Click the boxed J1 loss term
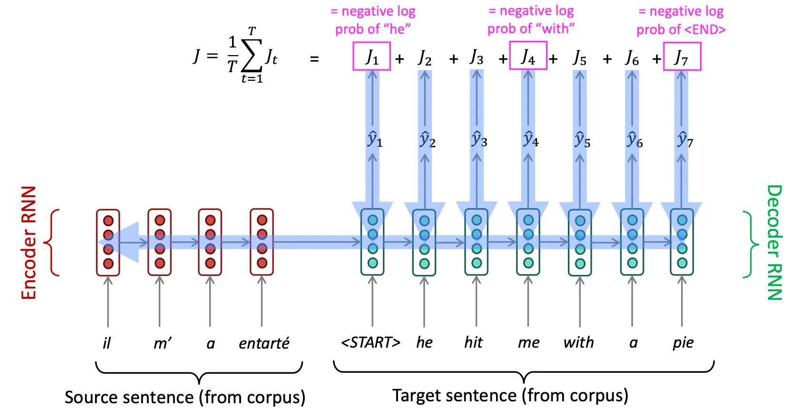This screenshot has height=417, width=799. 372,56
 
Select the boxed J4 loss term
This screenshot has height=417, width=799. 528,55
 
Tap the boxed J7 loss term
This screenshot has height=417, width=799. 682,56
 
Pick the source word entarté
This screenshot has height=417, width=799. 264,343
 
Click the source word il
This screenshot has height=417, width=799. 107,343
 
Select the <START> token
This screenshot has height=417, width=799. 370,342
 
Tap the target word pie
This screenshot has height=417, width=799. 683,343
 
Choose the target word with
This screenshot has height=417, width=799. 578,342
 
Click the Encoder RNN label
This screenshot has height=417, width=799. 29,243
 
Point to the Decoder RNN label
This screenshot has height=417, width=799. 774,243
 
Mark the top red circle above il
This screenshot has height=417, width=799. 108,221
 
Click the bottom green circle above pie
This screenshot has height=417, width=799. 682,263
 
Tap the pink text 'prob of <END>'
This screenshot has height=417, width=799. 681,29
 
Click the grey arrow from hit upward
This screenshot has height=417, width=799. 477,301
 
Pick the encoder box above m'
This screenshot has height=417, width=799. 159,242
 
